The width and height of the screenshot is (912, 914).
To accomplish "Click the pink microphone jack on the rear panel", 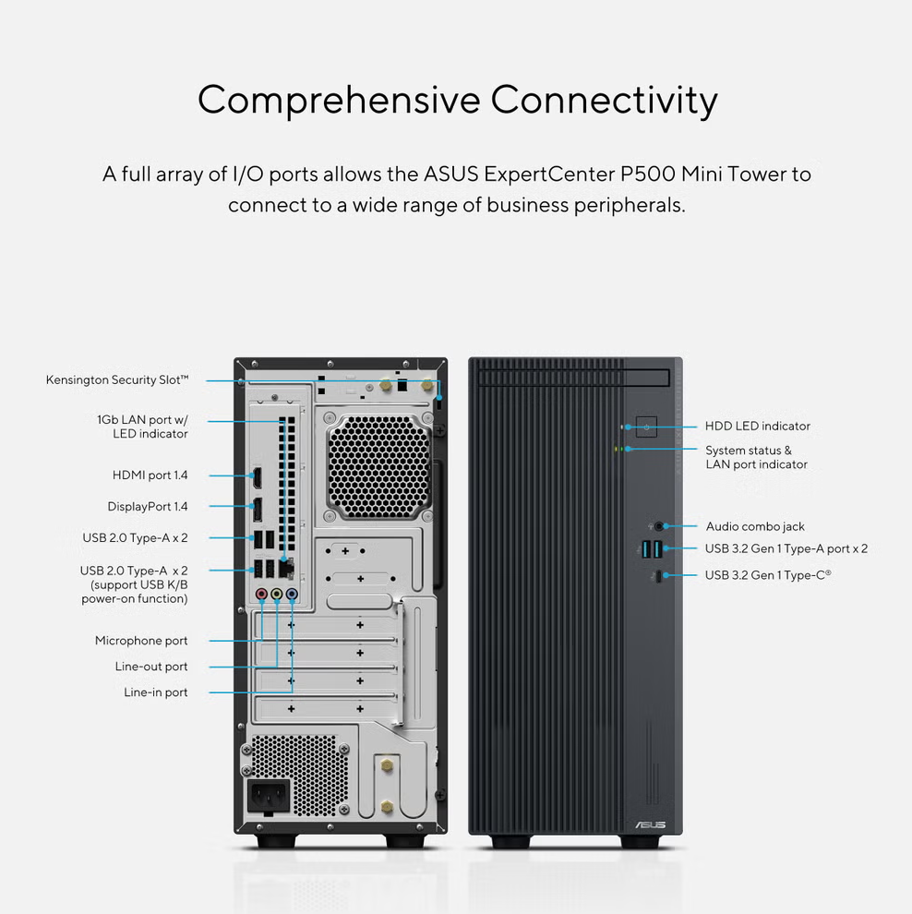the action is click(261, 594).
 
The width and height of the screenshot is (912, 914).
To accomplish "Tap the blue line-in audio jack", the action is click(292, 594).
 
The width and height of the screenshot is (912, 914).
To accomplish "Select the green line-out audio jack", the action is click(277, 594).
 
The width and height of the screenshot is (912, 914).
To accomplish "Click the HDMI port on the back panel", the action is click(257, 477).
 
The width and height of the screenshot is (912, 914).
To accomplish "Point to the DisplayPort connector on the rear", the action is click(257, 510).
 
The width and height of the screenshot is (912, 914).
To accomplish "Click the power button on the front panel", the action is click(646, 427).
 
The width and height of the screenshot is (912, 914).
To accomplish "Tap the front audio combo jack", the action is click(658, 526).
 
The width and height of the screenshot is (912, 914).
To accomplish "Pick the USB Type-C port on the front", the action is click(658, 576).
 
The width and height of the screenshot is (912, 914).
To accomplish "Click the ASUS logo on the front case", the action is click(651, 824).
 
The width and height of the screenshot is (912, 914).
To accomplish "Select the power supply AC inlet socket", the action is click(269, 796).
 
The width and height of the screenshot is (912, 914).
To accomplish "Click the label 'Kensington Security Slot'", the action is click(117, 380).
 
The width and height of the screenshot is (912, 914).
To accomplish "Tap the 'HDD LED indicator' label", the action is click(758, 427).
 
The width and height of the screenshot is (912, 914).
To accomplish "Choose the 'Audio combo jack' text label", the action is click(755, 526).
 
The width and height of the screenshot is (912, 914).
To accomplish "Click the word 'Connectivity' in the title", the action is click(604, 101).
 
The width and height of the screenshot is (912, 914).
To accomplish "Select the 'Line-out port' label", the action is click(151, 667).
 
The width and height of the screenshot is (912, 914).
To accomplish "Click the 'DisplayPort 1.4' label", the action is click(148, 507).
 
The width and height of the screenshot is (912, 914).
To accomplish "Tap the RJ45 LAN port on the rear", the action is click(286, 568).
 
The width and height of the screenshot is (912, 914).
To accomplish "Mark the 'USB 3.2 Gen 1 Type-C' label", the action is click(768, 575).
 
